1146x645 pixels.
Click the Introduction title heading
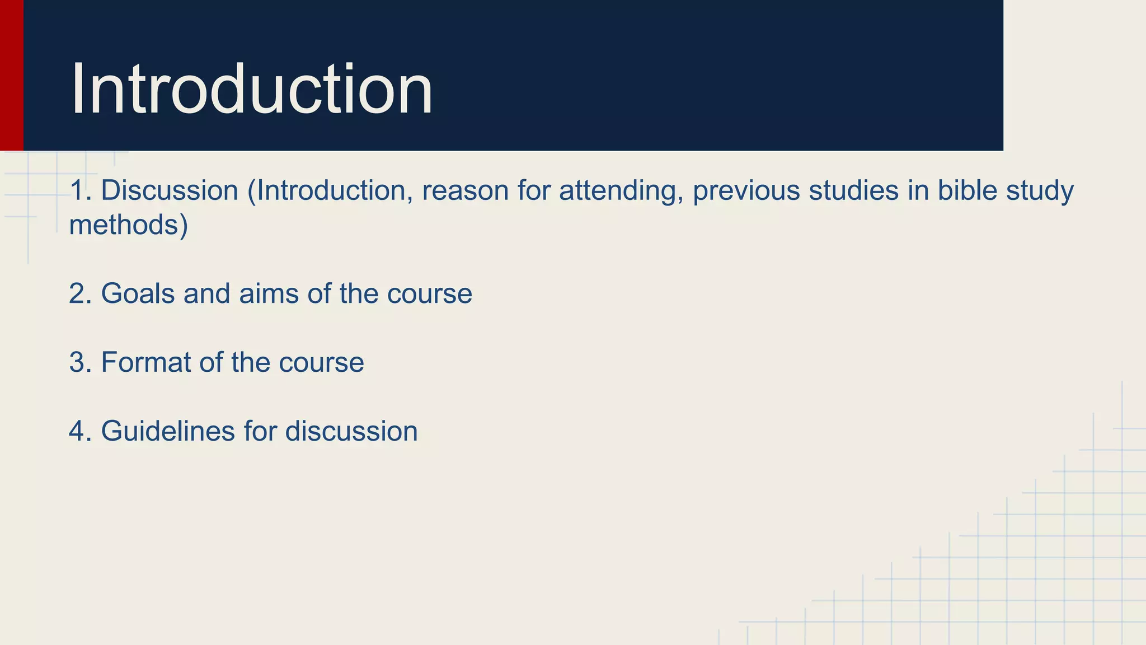tap(252, 90)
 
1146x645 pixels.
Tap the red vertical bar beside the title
tap(11, 75)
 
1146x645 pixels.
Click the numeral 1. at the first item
tap(80, 190)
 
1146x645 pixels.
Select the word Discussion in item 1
tap(170, 190)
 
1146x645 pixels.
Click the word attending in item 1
tap(621, 191)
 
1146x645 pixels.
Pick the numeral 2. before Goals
tap(80, 293)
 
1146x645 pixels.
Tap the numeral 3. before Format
tap(80, 362)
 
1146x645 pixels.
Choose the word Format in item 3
tap(146, 362)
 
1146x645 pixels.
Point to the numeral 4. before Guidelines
tap(80, 431)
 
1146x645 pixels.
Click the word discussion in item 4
tap(351, 431)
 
